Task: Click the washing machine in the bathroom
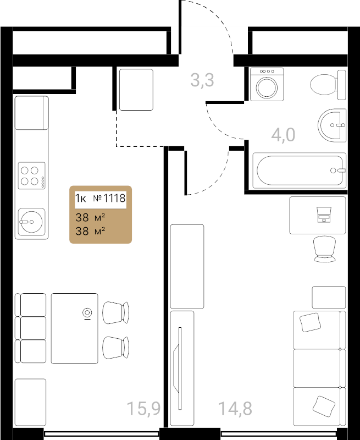267,84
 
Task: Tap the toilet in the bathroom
328,85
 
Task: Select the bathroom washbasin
332,125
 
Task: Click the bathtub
299,170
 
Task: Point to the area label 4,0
283,135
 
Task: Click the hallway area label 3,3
202,80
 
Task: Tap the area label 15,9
143,408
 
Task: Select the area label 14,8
235,408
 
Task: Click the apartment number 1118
114,198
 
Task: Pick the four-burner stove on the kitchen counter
32,175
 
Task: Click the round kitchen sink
32,222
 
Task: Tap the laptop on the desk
324,215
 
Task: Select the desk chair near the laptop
325,249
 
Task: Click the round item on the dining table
87,313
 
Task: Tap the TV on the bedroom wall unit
178,368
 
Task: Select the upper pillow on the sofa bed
310,322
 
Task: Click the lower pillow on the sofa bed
324,406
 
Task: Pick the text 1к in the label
80,198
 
